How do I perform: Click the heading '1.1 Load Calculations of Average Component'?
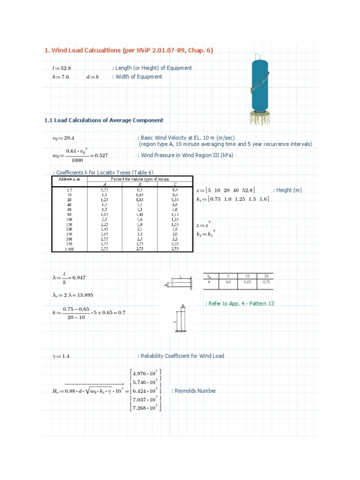104,120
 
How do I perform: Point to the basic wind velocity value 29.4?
69,138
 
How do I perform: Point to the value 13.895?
82,295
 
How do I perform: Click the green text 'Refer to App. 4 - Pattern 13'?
241,304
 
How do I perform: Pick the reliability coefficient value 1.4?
65,356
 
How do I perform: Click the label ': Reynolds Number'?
194,391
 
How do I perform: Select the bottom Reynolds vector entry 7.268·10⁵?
145,407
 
